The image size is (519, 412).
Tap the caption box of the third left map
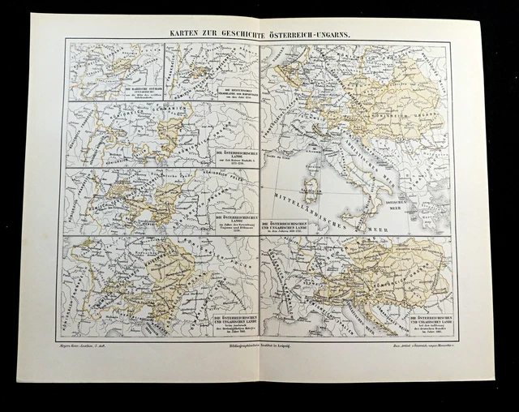point(232,224)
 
